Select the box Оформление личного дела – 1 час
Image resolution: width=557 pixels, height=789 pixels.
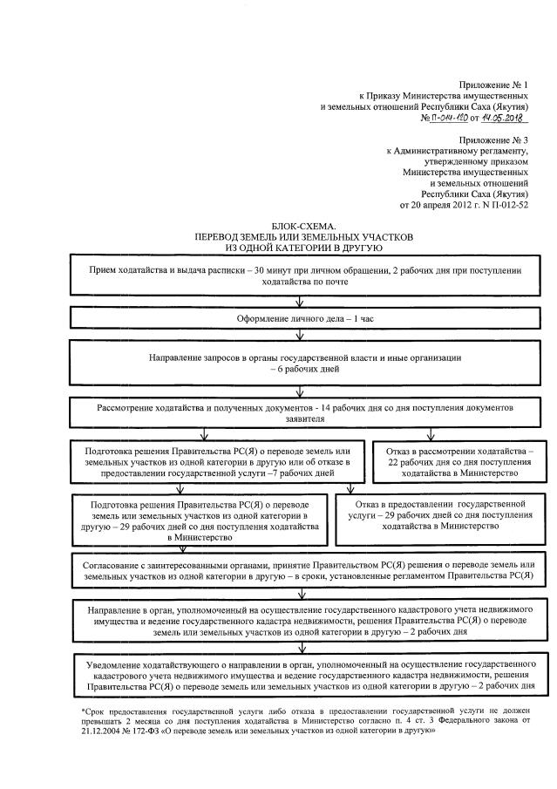point(299,319)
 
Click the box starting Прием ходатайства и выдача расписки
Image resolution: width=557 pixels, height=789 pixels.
point(299,276)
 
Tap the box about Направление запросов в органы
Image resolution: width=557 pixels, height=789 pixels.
point(299,363)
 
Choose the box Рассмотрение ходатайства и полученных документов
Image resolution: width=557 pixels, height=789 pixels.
point(299,412)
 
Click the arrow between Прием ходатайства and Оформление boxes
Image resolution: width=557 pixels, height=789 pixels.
point(299,302)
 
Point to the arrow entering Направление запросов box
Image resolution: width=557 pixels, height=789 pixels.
point(299,337)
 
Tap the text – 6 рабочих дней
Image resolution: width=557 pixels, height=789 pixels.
point(301,369)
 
